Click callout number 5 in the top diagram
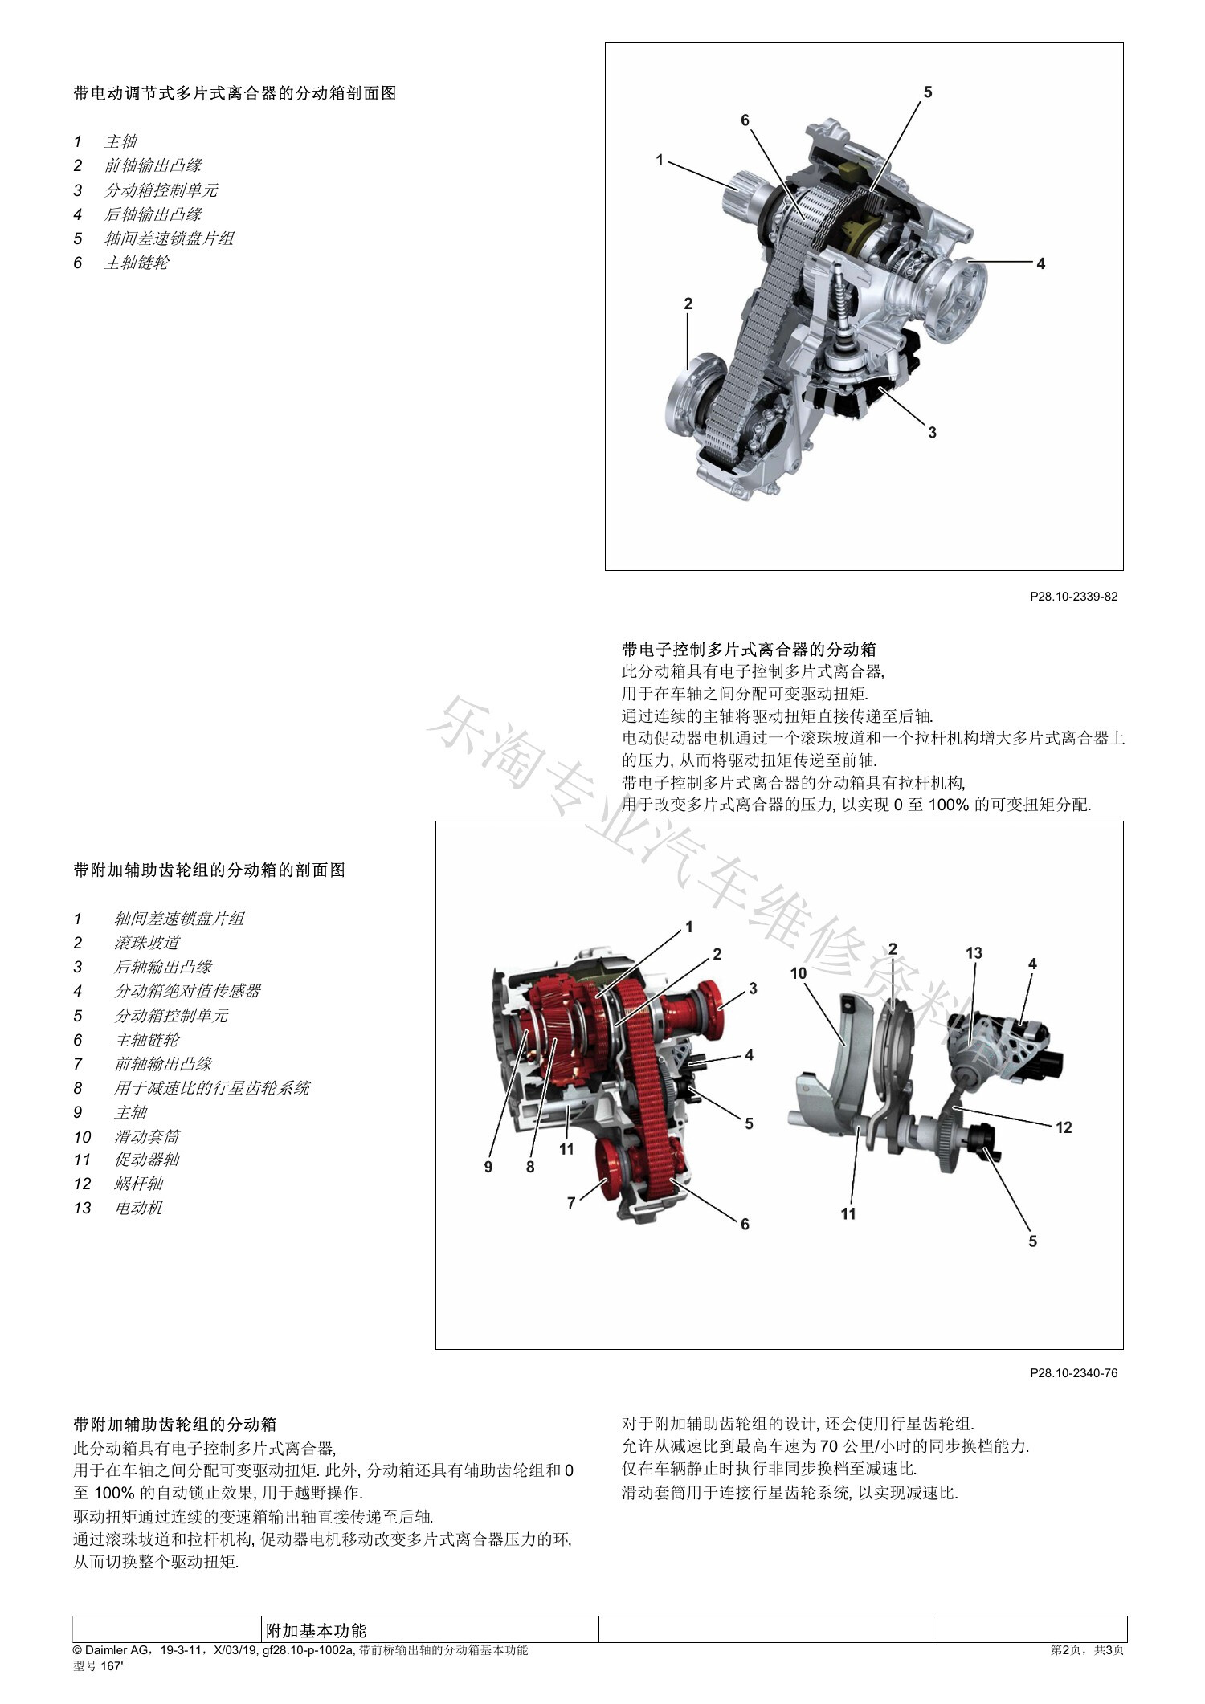pyautogui.click(x=928, y=92)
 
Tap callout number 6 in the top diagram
pyautogui.click(x=745, y=120)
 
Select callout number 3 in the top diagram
pyautogui.click(x=932, y=433)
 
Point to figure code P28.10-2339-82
pyautogui.click(x=1073, y=597)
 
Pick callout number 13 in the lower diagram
pyautogui.click(x=974, y=953)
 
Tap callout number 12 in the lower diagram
pyautogui.click(x=1064, y=1127)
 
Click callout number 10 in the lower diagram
pyautogui.click(x=798, y=973)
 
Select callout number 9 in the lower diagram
pyautogui.click(x=488, y=1167)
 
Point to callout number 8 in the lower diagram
pyautogui.click(x=530, y=1167)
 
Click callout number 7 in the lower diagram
pyautogui.click(x=571, y=1202)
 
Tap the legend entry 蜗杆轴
pyautogui.click(x=139, y=1184)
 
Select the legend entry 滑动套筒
pyautogui.click(x=147, y=1136)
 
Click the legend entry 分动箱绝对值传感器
pyautogui.click(x=188, y=991)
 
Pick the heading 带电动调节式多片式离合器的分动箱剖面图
pyautogui.click(x=235, y=93)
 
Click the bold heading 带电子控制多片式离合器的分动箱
pyautogui.click(x=749, y=649)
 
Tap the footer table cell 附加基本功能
pyautogui.click(x=317, y=1630)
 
